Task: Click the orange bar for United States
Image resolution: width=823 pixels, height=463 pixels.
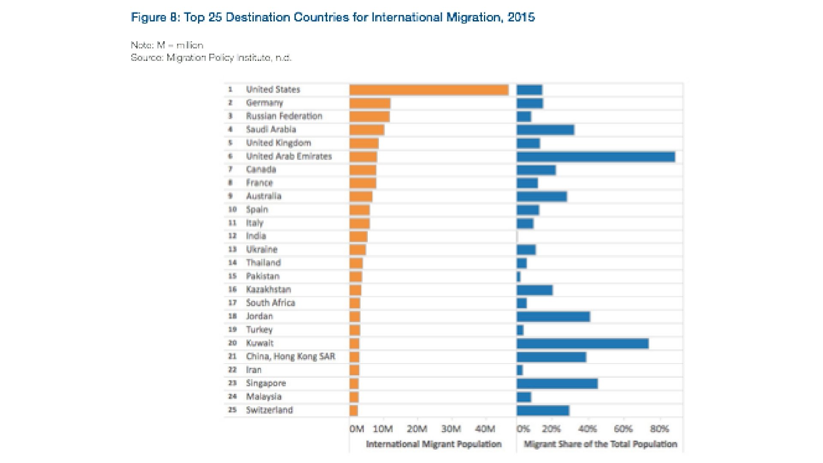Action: pyautogui.click(x=429, y=90)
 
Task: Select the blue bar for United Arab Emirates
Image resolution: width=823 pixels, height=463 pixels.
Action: pyautogui.click(x=596, y=157)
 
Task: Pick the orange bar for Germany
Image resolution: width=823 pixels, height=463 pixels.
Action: pyautogui.click(x=370, y=103)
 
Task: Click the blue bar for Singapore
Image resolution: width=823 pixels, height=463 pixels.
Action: pyautogui.click(x=557, y=384)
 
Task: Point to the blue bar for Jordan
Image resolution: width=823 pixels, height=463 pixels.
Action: pyautogui.click(x=553, y=317)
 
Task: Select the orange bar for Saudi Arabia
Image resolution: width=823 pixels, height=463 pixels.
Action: pyautogui.click(x=367, y=130)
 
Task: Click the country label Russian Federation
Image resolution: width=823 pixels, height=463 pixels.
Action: pyautogui.click(x=284, y=116)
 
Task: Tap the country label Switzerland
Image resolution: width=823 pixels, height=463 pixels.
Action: pyautogui.click(x=269, y=410)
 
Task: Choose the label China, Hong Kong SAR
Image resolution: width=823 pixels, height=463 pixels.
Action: pyautogui.click(x=291, y=357)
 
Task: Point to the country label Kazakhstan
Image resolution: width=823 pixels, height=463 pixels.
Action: pyautogui.click(x=268, y=290)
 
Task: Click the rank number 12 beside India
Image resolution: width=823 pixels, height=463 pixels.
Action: pyautogui.click(x=232, y=236)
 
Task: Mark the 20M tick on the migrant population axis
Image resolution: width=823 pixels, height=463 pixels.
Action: pyautogui.click(x=417, y=429)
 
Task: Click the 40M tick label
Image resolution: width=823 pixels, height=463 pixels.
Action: pyautogui.click(x=485, y=429)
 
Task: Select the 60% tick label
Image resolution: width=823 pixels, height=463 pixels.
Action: pyautogui.click(x=623, y=429)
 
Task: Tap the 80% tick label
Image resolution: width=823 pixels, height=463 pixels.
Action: pyautogui.click(x=659, y=429)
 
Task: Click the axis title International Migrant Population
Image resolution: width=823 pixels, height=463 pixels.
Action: pyautogui.click(x=433, y=444)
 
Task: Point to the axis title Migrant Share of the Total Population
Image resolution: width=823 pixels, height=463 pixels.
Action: pyautogui.click(x=600, y=444)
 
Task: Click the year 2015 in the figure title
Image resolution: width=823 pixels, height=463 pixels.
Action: pyautogui.click(x=521, y=17)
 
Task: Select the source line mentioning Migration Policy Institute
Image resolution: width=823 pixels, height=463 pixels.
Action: pyautogui.click(x=211, y=58)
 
